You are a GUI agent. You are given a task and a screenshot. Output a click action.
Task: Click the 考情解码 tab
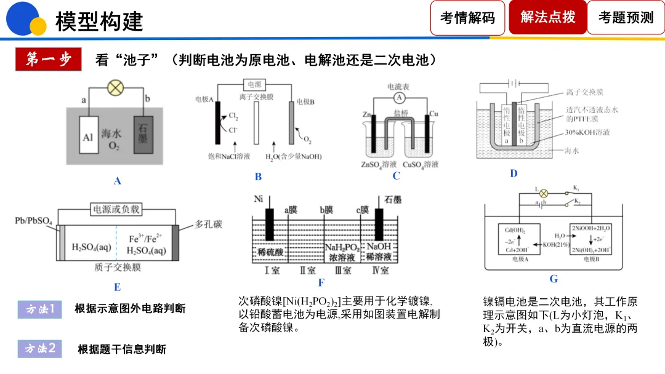pyautogui.click(x=467, y=18)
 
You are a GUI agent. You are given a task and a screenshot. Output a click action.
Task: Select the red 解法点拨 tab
pyautogui.click(x=547, y=17)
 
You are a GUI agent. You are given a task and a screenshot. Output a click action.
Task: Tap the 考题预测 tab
pyautogui.click(x=626, y=18)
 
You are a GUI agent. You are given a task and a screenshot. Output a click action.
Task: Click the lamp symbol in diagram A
pyautogui.click(x=115, y=88)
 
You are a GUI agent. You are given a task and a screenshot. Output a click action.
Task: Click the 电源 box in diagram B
pyautogui.click(x=254, y=85)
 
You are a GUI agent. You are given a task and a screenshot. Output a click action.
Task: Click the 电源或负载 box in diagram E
pyautogui.click(x=116, y=209)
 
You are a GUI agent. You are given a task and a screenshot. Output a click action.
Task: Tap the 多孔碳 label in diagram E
pyautogui.click(x=207, y=225)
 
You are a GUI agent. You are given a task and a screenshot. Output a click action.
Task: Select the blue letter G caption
pyautogui.click(x=554, y=279)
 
